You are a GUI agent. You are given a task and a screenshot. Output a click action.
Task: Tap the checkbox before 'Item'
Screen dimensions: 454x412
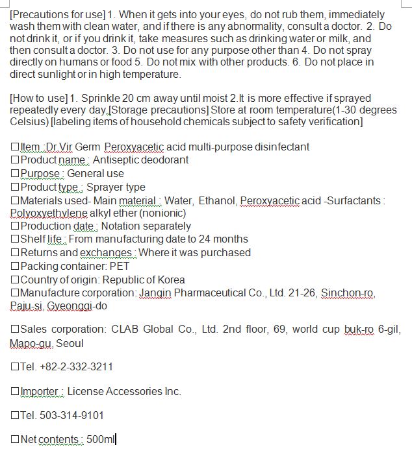point(15,147)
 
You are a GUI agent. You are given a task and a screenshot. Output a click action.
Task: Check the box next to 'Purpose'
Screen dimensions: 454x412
point(15,174)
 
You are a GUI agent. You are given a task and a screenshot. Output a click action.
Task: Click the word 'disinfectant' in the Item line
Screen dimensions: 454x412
point(277,147)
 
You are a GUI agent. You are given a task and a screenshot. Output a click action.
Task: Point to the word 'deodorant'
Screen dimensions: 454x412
point(162,160)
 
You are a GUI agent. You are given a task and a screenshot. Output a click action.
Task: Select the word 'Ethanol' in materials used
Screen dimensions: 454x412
point(218,200)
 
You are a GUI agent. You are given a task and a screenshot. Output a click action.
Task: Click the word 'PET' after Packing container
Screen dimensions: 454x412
point(120,267)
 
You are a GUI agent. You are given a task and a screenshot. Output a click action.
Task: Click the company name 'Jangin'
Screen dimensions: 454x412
point(155,293)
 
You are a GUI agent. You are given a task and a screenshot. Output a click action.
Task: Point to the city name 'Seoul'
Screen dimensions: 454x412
point(70,343)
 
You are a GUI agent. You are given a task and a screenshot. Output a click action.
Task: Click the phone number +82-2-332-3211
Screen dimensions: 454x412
point(76,367)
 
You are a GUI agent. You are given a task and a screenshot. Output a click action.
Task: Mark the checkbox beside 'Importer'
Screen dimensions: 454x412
point(15,392)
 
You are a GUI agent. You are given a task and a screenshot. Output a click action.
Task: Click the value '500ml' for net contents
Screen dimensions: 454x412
point(100,440)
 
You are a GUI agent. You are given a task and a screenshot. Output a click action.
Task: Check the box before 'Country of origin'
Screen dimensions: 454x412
point(15,280)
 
